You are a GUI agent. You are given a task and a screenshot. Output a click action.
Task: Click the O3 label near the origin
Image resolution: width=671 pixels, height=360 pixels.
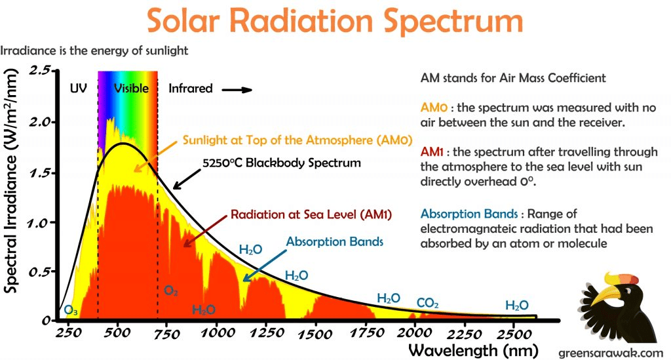(x=71, y=310)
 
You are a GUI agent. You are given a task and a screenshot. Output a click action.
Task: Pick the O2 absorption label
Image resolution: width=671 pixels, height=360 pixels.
(x=171, y=291)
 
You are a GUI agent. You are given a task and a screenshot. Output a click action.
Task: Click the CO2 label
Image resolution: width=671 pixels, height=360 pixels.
(x=427, y=303)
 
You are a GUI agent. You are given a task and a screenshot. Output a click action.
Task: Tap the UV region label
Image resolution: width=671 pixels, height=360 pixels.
(x=79, y=88)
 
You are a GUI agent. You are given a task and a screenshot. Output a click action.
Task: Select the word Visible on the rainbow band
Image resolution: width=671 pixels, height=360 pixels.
(x=131, y=88)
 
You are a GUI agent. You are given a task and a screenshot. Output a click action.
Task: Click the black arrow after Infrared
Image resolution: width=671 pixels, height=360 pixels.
(x=237, y=90)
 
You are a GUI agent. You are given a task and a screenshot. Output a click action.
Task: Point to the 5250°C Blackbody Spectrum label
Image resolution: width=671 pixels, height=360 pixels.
(x=282, y=163)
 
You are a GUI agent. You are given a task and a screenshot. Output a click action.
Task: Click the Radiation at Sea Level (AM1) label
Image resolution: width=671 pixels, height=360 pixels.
(x=311, y=214)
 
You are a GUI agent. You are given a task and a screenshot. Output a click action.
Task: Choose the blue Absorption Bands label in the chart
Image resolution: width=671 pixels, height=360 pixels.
(x=335, y=242)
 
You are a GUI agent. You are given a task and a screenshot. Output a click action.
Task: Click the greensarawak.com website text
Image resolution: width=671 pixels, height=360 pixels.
(x=611, y=353)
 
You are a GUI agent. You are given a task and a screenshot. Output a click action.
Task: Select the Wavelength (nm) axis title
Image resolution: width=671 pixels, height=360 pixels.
(x=473, y=351)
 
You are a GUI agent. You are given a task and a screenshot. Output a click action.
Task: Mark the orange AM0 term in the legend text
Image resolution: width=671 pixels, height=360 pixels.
(x=434, y=108)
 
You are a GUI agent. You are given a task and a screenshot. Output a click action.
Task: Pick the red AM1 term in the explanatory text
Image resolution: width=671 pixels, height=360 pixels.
(x=432, y=151)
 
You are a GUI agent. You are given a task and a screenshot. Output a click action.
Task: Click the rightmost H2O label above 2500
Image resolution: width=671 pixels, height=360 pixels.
(x=517, y=305)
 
